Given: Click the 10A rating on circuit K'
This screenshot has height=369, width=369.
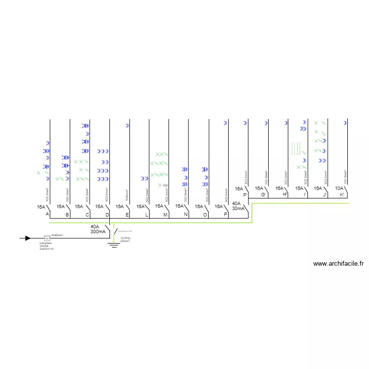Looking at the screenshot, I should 339,188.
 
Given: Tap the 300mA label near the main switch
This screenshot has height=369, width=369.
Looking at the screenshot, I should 97,231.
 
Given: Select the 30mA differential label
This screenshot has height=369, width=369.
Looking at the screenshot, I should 238,209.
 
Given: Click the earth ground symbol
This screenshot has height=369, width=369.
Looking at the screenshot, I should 114,244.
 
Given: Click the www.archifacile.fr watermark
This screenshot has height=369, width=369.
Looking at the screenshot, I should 338,264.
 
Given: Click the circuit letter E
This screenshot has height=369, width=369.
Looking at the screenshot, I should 127,215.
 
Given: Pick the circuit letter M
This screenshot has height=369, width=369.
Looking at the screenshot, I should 165,215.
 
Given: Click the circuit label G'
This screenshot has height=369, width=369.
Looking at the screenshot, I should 264,195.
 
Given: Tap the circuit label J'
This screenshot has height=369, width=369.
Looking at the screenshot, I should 325,195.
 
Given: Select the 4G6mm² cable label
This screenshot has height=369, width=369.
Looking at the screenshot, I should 57,235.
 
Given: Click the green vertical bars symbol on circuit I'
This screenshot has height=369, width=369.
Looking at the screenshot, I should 296,148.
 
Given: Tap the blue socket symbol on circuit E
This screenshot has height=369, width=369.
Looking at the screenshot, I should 127,125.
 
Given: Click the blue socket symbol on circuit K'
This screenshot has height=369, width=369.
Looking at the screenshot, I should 346,123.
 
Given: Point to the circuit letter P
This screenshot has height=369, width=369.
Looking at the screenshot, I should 225,215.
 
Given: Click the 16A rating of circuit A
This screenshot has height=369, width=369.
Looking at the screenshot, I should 41,207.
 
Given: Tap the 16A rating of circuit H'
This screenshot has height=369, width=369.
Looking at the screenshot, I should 279,188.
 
